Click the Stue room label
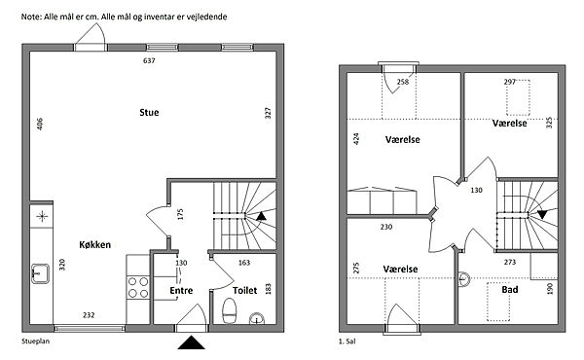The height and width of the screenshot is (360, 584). pos(149,113)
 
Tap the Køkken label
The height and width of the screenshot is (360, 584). pos(95,244)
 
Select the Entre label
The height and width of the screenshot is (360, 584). pos(181,290)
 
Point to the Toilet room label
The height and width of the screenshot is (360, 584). pos(244,290)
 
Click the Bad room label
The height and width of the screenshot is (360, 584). pos(510,289)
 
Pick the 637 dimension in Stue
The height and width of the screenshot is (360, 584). pos(149,60)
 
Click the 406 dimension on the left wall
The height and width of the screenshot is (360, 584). pos(40,124)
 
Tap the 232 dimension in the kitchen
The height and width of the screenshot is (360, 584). pos(89,315)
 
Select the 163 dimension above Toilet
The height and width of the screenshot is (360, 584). pos(244,263)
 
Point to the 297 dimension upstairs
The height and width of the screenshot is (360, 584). pos(510,82)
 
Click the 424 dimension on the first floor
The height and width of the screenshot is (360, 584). pos(356,139)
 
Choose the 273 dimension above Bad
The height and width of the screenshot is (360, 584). pos(510,262)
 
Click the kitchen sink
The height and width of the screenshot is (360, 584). pos(40,273)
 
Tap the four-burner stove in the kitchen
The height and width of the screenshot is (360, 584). pos(138,287)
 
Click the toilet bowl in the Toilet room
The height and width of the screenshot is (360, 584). pos(230,311)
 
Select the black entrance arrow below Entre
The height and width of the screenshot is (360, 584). pos(192,342)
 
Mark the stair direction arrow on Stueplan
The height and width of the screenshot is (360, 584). pos(262,216)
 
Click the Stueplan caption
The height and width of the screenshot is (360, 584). pos(35,342)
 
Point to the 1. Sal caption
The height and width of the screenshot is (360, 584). pos(347,341)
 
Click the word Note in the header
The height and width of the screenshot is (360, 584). pos(31,17)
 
